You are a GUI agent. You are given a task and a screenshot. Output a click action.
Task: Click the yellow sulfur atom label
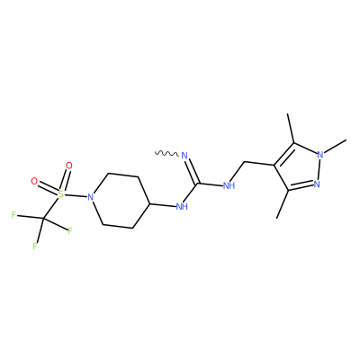pos(61,194)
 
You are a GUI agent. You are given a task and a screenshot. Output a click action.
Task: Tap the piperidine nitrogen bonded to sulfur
pos(91,197)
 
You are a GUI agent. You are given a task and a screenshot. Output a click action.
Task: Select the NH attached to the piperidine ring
pos(182,206)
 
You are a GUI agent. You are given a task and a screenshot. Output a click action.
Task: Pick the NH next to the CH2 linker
pos(229,185)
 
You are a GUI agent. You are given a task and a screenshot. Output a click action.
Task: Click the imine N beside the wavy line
pos(184,156)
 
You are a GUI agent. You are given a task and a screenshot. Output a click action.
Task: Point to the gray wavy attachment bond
pos(166,153)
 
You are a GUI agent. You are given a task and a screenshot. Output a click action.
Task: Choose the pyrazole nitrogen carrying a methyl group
pos(320,155)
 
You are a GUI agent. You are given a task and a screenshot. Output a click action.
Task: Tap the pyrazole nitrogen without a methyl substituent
pos(317,184)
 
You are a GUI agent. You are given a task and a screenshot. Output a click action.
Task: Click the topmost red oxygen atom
pos(69,166)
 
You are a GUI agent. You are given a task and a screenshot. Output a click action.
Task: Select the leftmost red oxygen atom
pos(34,181)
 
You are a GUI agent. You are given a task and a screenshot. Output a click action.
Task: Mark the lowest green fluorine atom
pos(35,247)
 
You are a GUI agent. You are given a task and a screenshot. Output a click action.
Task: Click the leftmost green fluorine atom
pos(13,215)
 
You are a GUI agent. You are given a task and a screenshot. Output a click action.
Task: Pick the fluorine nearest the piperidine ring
pos(70,230)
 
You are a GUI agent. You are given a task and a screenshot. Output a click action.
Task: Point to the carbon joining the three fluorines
pos(42,219)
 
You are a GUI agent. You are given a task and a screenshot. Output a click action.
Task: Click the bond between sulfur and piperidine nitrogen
pos(76,195)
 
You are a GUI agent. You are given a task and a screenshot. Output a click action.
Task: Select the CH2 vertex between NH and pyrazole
pos(245,162)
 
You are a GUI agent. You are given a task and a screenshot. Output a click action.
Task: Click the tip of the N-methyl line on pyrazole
pos(346,139)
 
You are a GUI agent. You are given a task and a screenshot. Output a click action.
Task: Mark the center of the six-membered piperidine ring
pos(120,201)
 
